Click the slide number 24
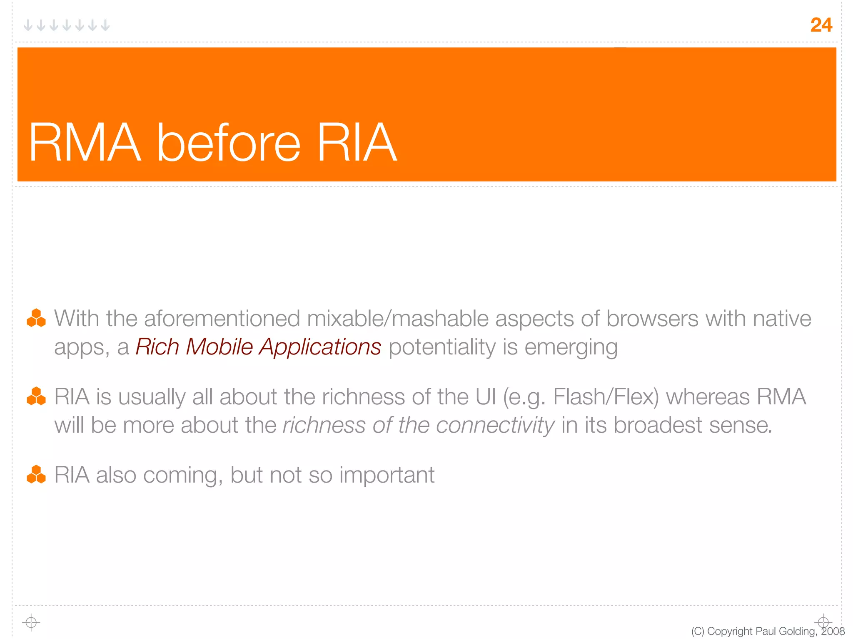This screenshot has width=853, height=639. tap(821, 25)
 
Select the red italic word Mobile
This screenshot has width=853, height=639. tap(219, 347)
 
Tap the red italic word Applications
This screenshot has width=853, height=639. tap(320, 347)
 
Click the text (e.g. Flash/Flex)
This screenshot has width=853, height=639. tap(581, 397)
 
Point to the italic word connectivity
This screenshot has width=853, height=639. tap(495, 425)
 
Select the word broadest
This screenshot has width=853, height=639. tap(658, 425)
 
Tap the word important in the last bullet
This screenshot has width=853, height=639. tap(387, 475)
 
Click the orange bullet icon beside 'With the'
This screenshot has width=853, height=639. tap(36, 318)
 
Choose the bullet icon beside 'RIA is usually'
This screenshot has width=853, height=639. tap(36, 396)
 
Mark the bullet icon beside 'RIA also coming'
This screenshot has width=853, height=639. tap(36, 474)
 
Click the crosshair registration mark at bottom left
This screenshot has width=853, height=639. tap(31, 622)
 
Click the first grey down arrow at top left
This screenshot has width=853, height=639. tap(28, 26)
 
